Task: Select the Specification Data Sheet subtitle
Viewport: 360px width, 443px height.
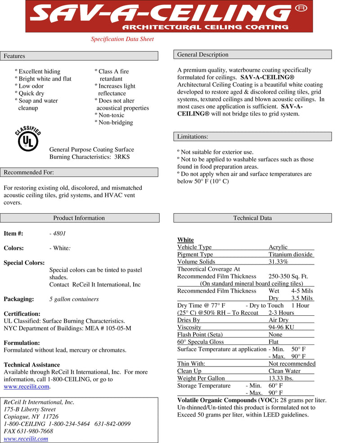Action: pyautogui.click(x=122, y=39)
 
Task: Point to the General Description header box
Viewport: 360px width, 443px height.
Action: pyautogui.click(x=252, y=55)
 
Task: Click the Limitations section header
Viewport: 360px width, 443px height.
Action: pyautogui.click(x=252, y=137)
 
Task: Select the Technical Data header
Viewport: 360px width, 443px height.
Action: pyautogui.click(x=252, y=218)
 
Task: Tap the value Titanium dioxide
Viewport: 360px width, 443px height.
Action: pyautogui.click(x=290, y=255)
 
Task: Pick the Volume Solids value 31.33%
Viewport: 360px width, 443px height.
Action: pyautogui.click(x=278, y=262)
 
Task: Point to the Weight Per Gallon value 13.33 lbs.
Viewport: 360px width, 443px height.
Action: pyautogui.click(x=281, y=378)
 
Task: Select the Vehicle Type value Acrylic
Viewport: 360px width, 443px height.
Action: pyautogui.click(x=278, y=247)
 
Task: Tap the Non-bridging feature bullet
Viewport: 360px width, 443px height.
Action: pyautogui.click(x=115, y=122)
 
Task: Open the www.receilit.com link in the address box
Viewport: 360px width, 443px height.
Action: pyautogui.click(x=26, y=439)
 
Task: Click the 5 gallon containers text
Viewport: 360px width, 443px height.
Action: pyautogui.click(x=74, y=299)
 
